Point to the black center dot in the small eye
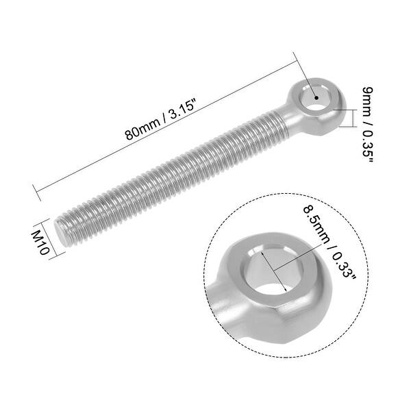tap(316, 98)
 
